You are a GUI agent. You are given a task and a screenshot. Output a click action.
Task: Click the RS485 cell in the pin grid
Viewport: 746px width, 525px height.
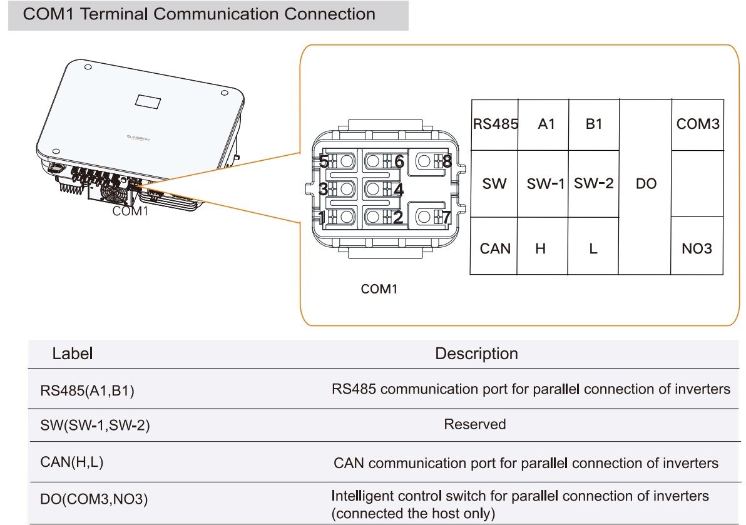[494, 124]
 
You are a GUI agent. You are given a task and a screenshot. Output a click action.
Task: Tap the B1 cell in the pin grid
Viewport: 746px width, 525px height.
[593, 124]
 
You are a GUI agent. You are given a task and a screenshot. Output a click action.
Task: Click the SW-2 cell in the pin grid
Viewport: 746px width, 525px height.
[593, 184]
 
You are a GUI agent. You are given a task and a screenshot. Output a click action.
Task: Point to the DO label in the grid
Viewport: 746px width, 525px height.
[645, 185]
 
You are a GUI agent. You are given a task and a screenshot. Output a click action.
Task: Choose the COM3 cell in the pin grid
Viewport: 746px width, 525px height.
[697, 124]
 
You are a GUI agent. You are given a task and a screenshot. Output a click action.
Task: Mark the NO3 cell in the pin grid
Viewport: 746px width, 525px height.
[697, 249]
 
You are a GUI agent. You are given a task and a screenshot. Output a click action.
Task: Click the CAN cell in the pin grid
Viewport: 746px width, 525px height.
[494, 249]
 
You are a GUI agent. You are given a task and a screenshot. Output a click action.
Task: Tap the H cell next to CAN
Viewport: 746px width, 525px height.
[541, 249]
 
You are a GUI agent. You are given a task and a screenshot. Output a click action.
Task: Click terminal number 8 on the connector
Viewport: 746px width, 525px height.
[446, 161]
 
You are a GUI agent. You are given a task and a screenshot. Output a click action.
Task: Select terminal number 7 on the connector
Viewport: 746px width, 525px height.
[446, 217]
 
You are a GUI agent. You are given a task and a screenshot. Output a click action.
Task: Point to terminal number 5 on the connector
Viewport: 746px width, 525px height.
[324, 161]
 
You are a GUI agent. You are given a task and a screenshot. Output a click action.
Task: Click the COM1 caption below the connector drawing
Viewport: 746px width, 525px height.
[379, 289]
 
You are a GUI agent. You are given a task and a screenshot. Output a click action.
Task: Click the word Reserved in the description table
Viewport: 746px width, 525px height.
[474, 424]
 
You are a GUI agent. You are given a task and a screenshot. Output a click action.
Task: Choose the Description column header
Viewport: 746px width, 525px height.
[476, 354]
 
